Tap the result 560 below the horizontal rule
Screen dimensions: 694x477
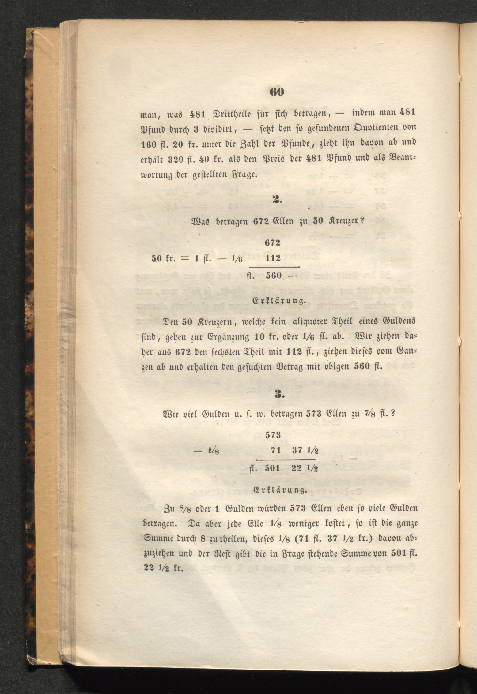274,275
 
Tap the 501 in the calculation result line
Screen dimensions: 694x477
272,468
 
